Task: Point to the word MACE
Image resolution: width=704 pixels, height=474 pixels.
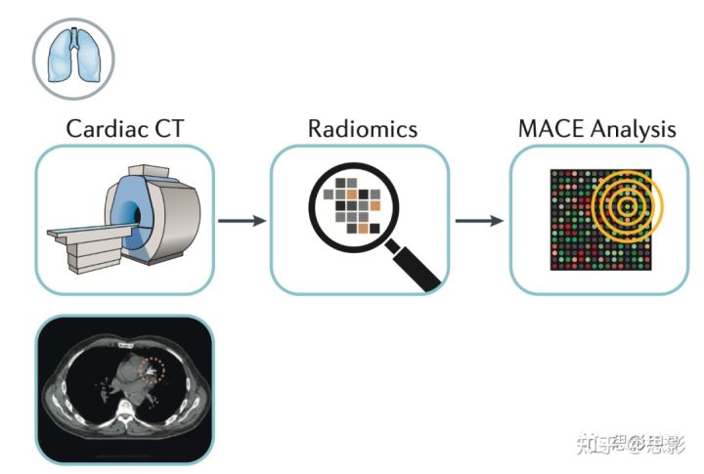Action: [550, 128]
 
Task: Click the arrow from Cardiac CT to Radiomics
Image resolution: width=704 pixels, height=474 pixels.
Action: [242, 220]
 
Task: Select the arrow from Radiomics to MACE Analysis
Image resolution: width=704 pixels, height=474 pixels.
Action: [480, 220]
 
